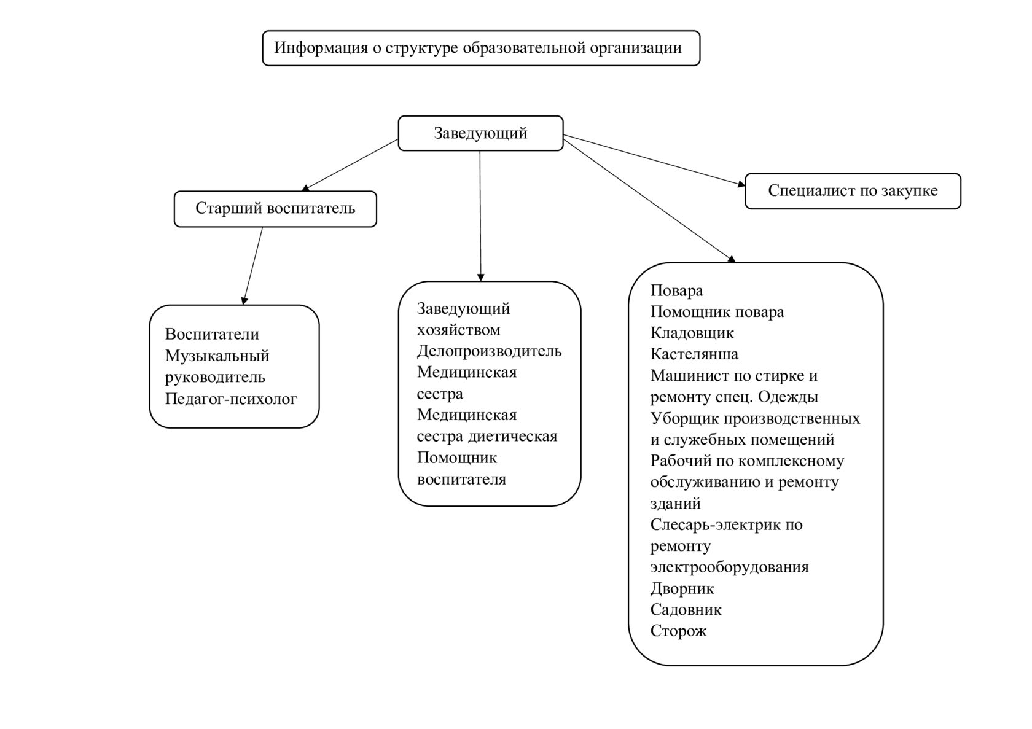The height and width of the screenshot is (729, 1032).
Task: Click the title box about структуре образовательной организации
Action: click(481, 48)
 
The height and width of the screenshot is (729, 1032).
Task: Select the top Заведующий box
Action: click(480, 133)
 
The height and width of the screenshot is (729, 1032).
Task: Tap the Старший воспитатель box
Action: click(275, 209)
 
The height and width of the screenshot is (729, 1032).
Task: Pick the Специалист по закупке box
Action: click(853, 191)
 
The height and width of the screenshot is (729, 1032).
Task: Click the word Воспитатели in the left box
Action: click(212, 335)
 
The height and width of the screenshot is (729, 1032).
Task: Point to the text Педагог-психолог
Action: click(231, 399)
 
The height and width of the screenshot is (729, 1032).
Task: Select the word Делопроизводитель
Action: click(489, 351)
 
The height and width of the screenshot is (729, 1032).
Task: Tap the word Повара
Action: click(676, 290)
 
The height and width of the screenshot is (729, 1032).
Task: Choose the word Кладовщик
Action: click(692, 333)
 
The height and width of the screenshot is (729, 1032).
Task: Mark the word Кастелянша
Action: click(694, 354)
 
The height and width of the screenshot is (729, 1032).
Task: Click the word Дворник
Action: click(682, 589)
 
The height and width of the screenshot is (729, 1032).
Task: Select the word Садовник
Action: click(686, 610)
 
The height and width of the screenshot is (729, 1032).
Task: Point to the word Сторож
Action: click(678, 631)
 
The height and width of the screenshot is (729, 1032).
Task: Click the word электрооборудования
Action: click(729, 567)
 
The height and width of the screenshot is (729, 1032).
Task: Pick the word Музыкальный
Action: click(217, 356)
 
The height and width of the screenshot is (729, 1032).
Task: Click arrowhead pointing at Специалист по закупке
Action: click(741, 183)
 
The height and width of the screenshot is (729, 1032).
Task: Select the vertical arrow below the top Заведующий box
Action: click(480, 215)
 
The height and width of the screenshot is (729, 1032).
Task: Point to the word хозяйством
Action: click(458, 330)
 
